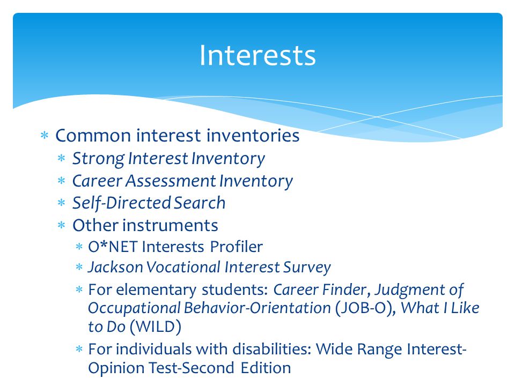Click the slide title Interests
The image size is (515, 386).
coord(257,55)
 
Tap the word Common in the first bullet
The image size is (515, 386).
coord(93,136)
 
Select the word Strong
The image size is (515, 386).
coord(98,159)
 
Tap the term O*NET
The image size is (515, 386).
coord(112,247)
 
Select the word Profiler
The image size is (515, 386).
coord(237,247)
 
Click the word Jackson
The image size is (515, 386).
coord(115,267)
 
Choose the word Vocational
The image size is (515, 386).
coord(184,267)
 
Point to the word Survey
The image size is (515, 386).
coord(307,268)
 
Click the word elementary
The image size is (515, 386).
coord(156,290)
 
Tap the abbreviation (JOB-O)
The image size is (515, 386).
coord(365,309)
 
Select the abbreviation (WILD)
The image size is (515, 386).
coord(156,327)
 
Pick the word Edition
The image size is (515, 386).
coord(266,368)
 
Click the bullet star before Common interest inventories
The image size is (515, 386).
coord(45,135)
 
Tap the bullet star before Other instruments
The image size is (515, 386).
coord(61,226)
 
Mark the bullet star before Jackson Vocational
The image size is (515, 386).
coord(79,267)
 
